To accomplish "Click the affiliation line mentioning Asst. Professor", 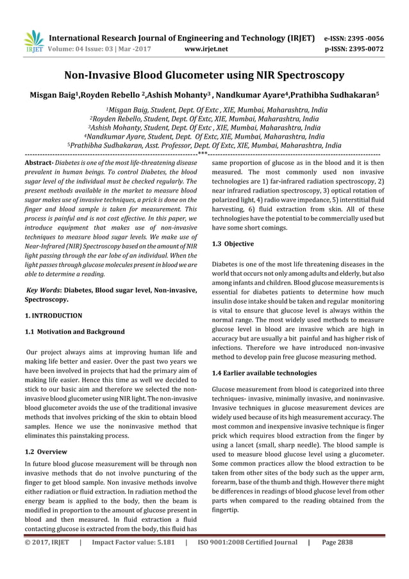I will pos(204,146).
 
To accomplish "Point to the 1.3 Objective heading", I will pos(232,244).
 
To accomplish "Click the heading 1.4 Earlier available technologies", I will pos(263,372).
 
